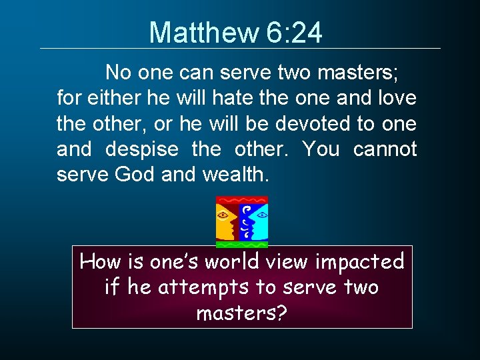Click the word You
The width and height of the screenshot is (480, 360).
tap(321, 149)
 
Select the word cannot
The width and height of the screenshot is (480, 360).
tap(385, 149)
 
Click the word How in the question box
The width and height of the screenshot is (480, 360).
tap(99, 262)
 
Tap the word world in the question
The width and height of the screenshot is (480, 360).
tap(233, 262)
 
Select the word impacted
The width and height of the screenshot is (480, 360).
tap(365, 262)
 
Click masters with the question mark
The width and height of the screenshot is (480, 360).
tap(242, 313)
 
